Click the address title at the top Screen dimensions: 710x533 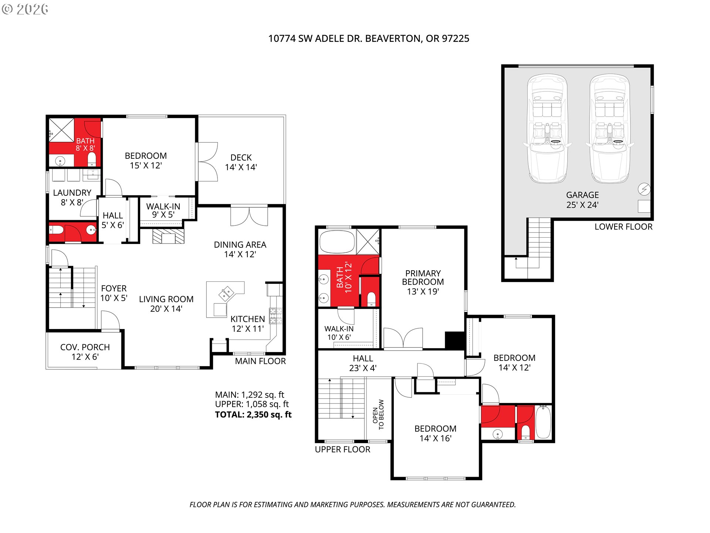point(369,38)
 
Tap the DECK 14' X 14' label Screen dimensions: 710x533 point(241,162)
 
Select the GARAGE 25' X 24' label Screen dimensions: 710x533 point(582,200)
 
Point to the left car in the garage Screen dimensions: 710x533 point(547,128)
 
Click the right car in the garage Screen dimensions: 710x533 point(609,128)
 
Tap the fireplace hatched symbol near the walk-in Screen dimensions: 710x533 point(168,236)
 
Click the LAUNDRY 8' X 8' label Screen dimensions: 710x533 point(72,198)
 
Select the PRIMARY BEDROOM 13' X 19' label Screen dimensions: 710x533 point(423,282)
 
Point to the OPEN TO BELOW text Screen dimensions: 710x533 point(378,415)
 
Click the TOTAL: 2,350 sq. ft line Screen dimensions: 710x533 point(253,415)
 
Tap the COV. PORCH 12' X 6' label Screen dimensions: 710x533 point(85,352)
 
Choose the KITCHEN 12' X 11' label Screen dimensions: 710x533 point(248,324)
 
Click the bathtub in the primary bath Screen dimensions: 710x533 point(337,242)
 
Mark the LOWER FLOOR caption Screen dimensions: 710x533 point(623,227)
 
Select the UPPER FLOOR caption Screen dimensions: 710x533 point(342,449)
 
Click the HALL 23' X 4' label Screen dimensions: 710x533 point(363,363)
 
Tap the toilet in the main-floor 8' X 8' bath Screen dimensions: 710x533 point(91,160)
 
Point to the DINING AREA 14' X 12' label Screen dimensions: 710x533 point(240,249)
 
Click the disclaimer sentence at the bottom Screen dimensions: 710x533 point(352,504)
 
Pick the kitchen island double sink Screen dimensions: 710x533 point(227,293)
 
